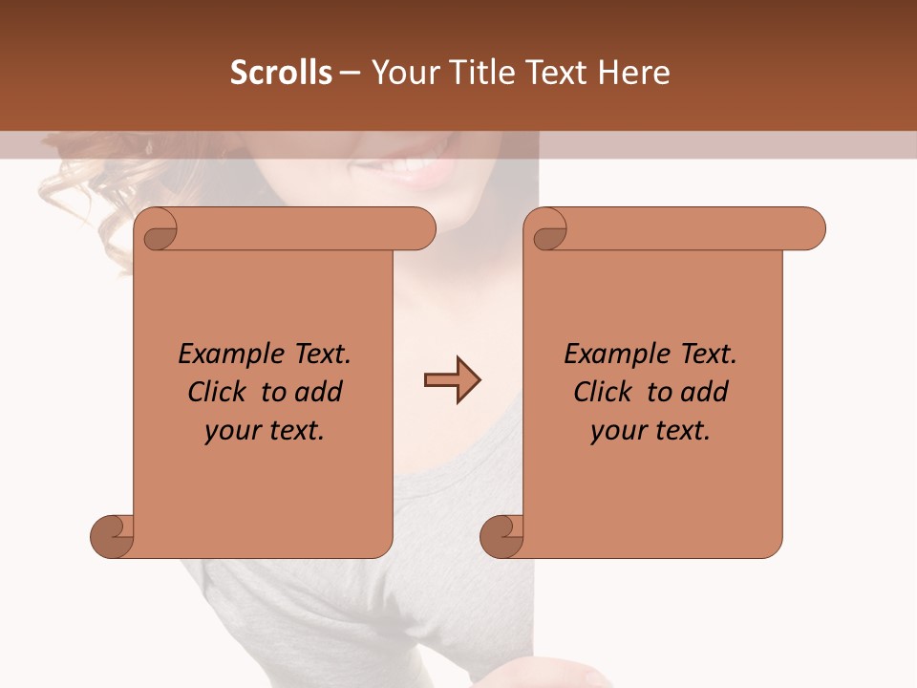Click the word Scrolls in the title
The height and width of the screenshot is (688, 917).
[282, 73]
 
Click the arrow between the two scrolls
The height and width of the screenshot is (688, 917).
[452, 380]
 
